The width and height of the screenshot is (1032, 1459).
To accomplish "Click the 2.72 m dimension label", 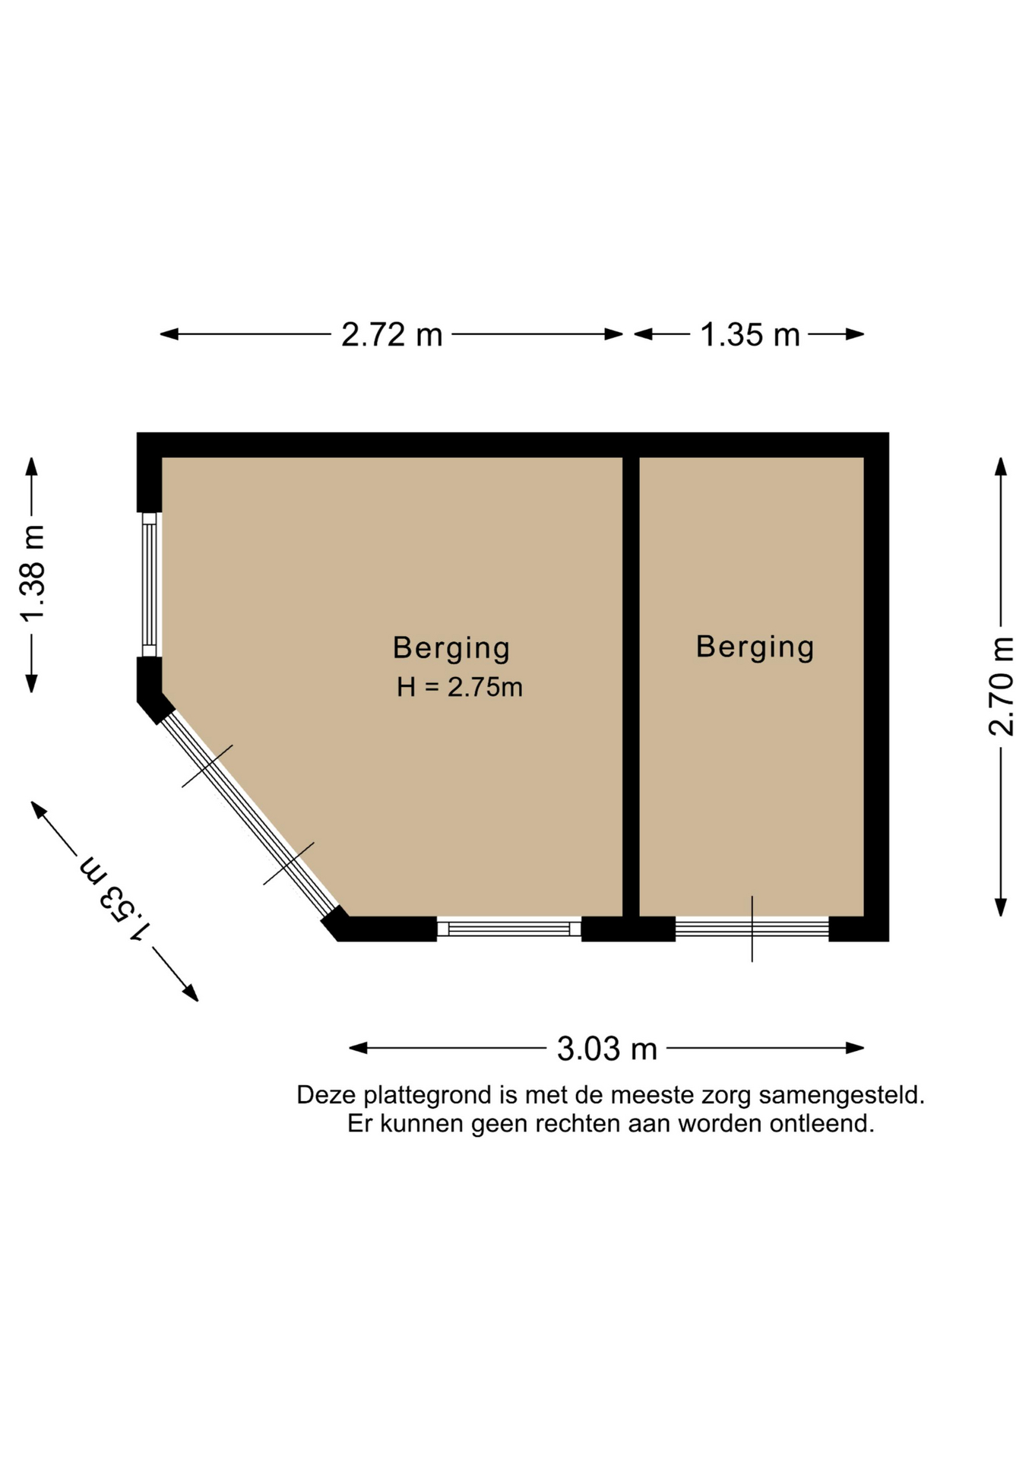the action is [x=391, y=334].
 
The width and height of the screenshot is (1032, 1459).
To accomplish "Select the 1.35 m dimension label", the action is [x=750, y=334].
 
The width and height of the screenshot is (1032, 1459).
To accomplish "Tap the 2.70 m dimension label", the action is [x=1002, y=686].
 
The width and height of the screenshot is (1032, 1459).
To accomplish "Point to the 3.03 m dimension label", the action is [x=606, y=1049].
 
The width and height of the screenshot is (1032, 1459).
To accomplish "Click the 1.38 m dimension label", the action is [x=33, y=573].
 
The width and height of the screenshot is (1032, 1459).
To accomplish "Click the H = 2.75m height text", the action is [x=459, y=687].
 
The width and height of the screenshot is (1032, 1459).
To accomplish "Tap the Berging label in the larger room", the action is [x=451, y=648].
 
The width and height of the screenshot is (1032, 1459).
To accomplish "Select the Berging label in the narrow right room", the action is [x=755, y=647].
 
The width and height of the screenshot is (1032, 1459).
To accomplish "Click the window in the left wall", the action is [x=150, y=584].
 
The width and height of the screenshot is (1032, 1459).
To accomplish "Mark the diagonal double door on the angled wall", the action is [x=249, y=814].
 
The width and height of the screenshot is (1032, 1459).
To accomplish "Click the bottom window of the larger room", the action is [x=509, y=929].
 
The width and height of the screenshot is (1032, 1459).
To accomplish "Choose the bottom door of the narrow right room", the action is [x=752, y=929].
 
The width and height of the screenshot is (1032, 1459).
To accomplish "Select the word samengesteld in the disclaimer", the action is [x=841, y=1096].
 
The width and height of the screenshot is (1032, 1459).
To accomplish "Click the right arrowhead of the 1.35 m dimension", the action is [x=856, y=334].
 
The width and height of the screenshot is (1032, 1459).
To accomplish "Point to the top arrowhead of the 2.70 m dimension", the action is [x=1001, y=466].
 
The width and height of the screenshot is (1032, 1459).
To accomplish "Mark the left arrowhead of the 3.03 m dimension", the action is [x=358, y=1049].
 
